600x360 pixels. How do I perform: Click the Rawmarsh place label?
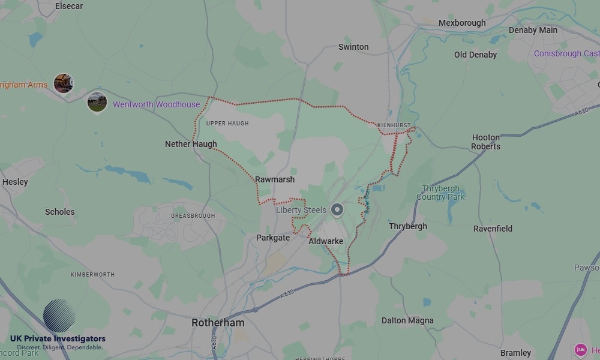(x=275, y=179)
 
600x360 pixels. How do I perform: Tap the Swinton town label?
(x=353, y=47)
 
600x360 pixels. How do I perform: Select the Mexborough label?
(x=462, y=23)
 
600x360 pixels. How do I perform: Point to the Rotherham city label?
(x=218, y=323)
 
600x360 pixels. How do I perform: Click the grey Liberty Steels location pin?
(x=337, y=210)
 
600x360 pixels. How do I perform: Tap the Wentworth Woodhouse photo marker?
(x=97, y=101)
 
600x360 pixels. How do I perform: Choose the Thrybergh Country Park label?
(x=440, y=193)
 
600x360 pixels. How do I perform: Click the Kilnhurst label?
(x=394, y=125)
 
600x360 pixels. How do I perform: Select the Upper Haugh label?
(x=227, y=124)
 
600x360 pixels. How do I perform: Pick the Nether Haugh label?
(x=191, y=144)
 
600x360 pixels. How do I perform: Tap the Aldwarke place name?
(x=326, y=241)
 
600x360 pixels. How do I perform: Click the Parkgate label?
(x=273, y=238)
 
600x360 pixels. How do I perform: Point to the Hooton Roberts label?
(x=485, y=142)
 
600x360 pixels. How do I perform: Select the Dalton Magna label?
(x=407, y=320)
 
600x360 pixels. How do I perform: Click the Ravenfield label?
(x=493, y=229)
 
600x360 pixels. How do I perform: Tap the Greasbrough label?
(x=193, y=215)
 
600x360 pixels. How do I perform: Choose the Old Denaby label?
(x=475, y=55)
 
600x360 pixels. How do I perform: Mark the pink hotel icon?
(x=580, y=350)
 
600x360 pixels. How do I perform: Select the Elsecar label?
(x=68, y=6)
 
